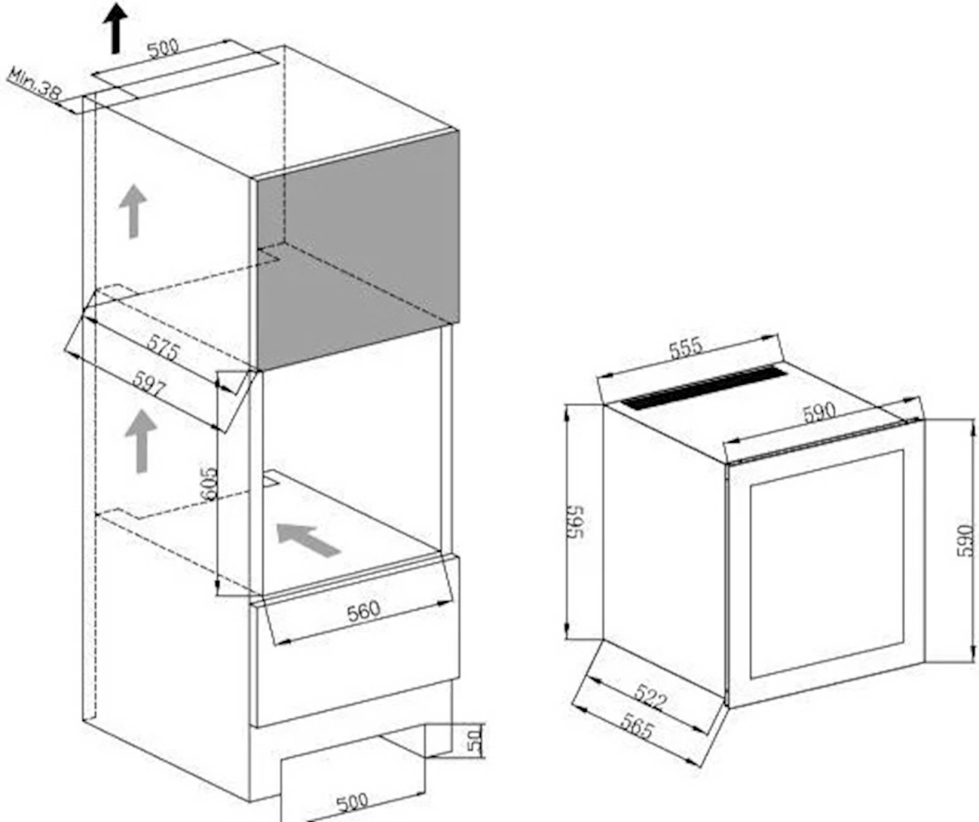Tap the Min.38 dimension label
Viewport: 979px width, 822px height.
pos(34,84)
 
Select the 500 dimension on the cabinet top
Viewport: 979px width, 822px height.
pos(163,47)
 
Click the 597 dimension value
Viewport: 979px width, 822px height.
pos(149,383)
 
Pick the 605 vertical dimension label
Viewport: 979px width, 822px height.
pos(208,484)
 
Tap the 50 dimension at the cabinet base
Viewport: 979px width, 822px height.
pos(474,740)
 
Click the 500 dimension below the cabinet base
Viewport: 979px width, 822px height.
pos(352,802)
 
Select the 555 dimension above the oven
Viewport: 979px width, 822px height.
pos(685,349)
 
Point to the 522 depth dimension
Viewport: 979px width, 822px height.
pos(651,697)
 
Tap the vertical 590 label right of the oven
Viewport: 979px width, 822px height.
pos(965,541)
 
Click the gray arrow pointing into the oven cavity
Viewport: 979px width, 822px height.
pos(308,540)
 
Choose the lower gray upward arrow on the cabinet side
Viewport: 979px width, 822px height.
pos(141,441)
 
